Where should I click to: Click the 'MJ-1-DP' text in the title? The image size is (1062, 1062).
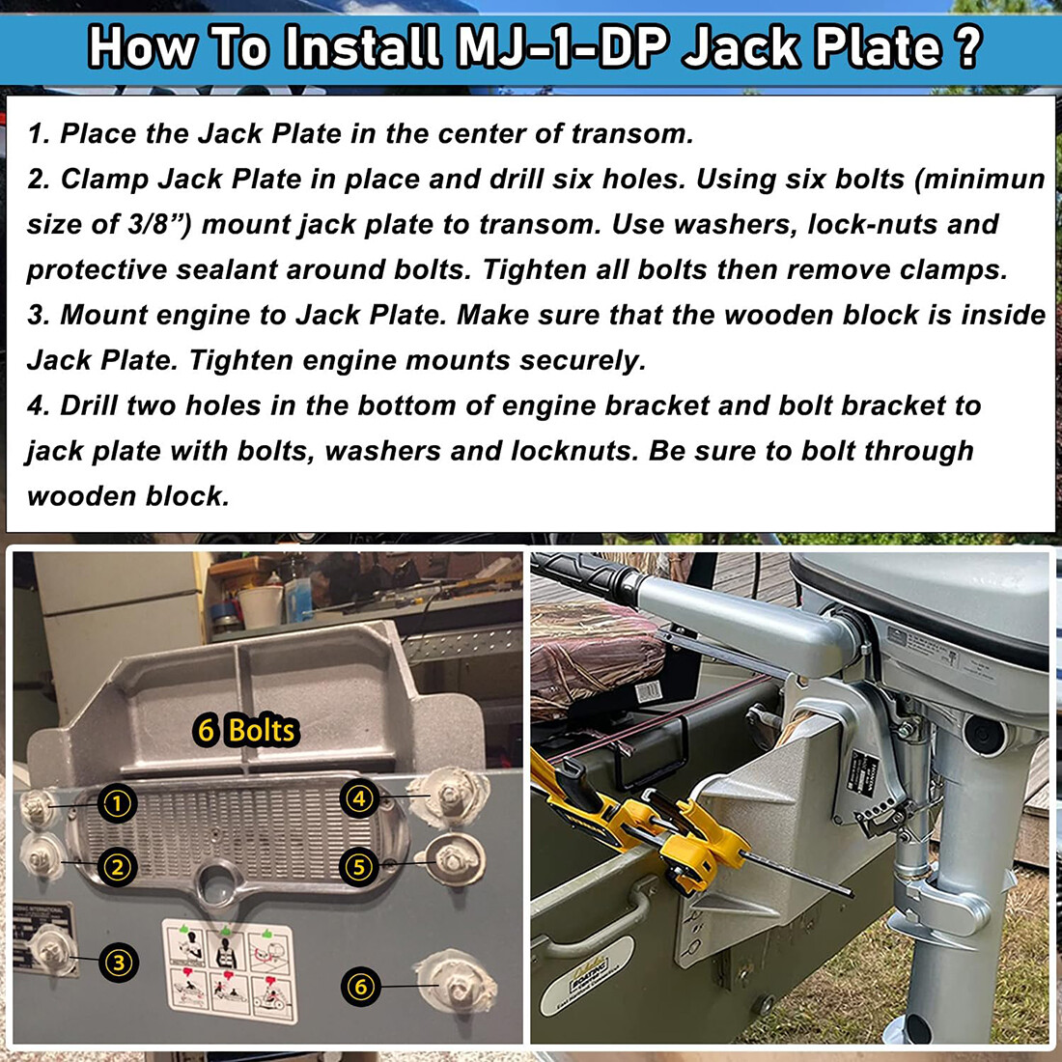[563, 46]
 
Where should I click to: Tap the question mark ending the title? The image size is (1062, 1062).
[964, 46]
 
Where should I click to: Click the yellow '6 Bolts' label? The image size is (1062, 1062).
[245, 730]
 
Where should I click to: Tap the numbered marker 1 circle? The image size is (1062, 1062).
[118, 803]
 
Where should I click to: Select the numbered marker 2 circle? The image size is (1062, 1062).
[118, 867]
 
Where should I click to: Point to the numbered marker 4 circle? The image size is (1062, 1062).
[359, 798]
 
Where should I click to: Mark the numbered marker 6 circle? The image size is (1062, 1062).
[360, 986]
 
